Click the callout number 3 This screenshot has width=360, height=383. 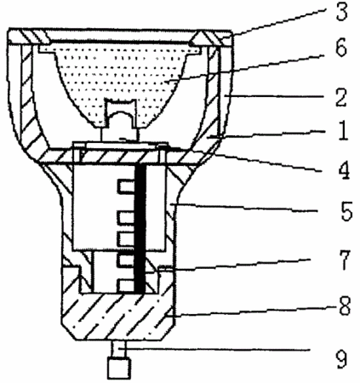pos(341,12)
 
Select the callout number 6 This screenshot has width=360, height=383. pos(340,48)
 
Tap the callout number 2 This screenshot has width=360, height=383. pos(340,98)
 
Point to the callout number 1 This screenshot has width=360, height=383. pos(343,131)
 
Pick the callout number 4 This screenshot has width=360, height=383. pos(343,170)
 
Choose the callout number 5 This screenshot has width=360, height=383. pos(346,211)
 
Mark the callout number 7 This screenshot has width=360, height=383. pos(344,260)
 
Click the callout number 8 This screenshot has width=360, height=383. pos(345,306)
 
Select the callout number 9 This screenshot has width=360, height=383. pos(341,359)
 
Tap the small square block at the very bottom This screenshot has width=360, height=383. pos(119,369)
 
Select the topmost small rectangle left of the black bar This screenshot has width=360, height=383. pos(126,187)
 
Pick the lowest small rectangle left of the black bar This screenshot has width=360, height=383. pos(126,286)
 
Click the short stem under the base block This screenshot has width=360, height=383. pos(118,349)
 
